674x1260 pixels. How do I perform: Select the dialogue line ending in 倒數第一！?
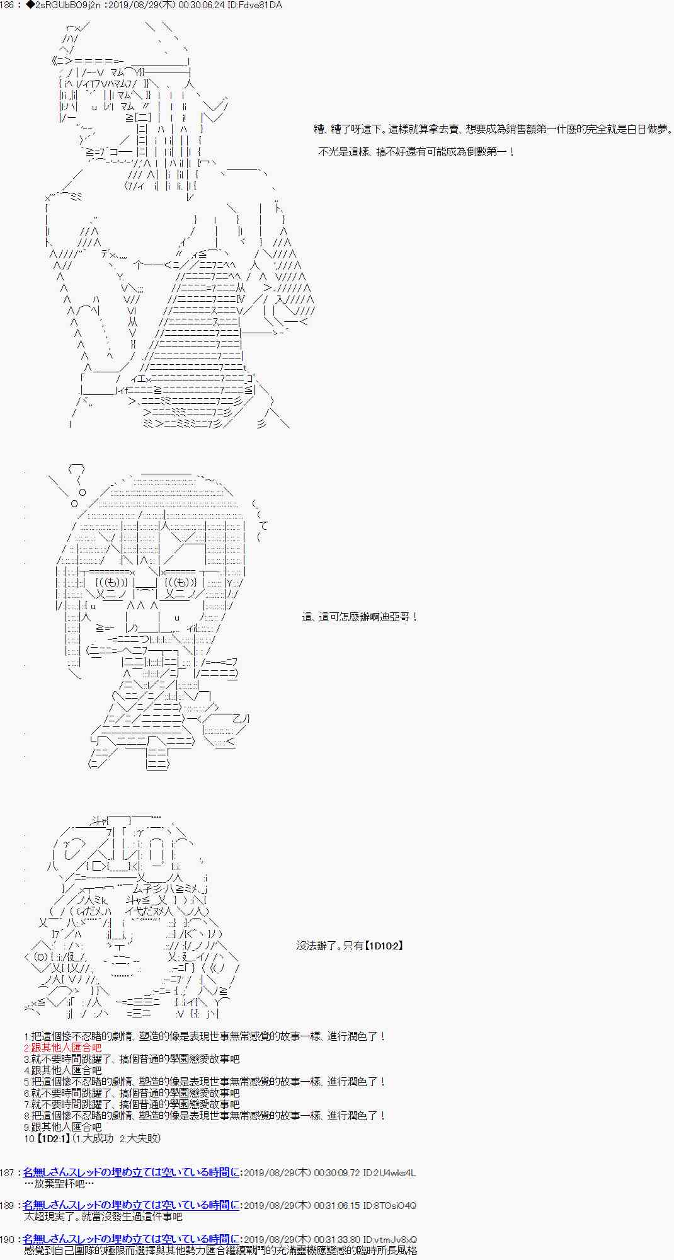coord(416,152)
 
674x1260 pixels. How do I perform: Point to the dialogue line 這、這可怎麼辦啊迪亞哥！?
coord(360,617)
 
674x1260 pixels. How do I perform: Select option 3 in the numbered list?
coord(132,1059)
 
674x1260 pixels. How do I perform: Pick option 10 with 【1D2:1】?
coord(93,1138)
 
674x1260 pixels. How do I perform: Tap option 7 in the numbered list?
coord(132,1104)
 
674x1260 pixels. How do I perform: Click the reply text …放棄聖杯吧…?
coord(58,1184)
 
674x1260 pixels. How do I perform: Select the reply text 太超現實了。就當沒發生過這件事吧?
coord(103,1217)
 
